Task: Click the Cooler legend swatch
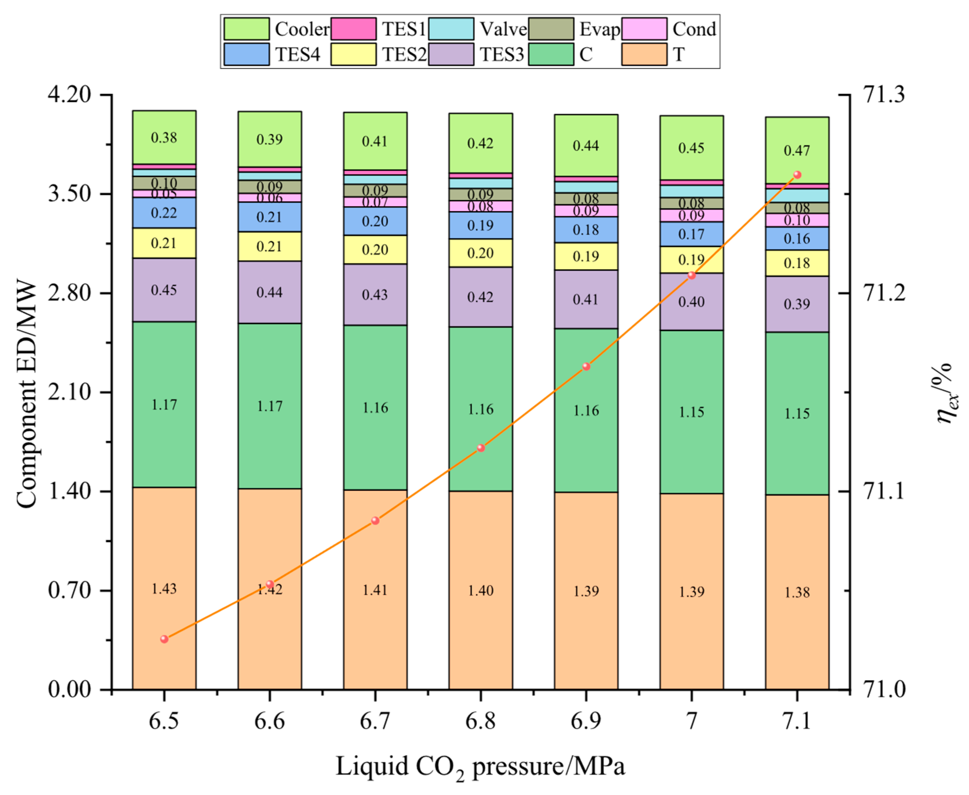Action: [246, 29]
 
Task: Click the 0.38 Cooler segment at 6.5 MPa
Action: [164, 137]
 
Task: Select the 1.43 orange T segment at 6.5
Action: [164, 589]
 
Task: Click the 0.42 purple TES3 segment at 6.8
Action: [481, 297]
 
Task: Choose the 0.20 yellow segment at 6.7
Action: [375, 250]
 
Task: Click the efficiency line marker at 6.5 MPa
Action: [164, 639]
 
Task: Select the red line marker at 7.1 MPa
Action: [797, 175]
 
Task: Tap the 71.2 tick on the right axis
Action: [884, 293]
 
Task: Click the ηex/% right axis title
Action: [946, 394]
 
